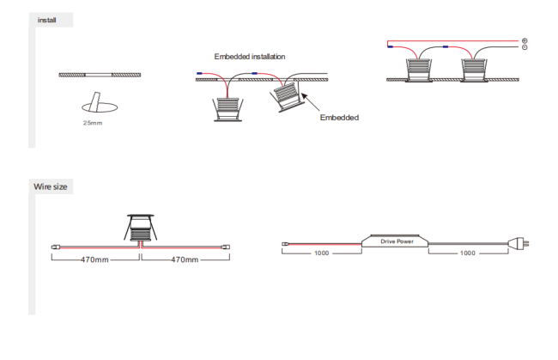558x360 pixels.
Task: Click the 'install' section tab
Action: pyautogui.click(x=47, y=20)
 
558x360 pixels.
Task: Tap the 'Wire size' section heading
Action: pyautogui.click(x=51, y=186)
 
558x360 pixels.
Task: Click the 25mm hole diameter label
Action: pyautogui.click(x=93, y=123)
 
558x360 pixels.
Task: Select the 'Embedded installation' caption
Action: pyautogui.click(x=250, y=57)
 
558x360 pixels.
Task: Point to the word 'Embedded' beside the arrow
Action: pyautogui.click(x=339, y=118)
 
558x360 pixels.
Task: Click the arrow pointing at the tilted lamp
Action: pyautogui.click(x=310, y=101)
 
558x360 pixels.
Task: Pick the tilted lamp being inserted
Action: pyautogui.click(x=288, y=97)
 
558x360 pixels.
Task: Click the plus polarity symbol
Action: pyautogui.click(x=525, y=40)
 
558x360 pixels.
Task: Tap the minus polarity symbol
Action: pyautogui.click(x=525, y=47)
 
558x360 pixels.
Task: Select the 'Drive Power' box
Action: pyautogui.click(x=395, y=241)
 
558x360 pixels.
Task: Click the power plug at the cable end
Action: pyautogui.click(x=519, y=243)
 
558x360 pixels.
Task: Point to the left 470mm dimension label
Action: pyautogui.click(x=94, y=259)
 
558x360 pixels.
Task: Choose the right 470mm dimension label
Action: pyautogui.click(x=185, y=259)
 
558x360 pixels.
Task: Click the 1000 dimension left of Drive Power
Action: pyautogui.click(x=321, y=253)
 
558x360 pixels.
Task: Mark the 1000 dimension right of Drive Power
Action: pyautogui.click(x=467, y=253)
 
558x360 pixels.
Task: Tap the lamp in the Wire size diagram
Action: pyautogui.click(x=141, y=228)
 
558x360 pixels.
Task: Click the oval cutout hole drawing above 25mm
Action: pyautogui.click(x=100, y=107)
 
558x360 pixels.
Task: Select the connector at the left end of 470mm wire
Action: pyautogui.click(x=56, y=247)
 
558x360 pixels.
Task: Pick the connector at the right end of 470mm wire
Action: pyautogui.click(x=226, y=247)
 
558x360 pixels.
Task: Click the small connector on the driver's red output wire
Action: pyautogui.click(x=285, y=244)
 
